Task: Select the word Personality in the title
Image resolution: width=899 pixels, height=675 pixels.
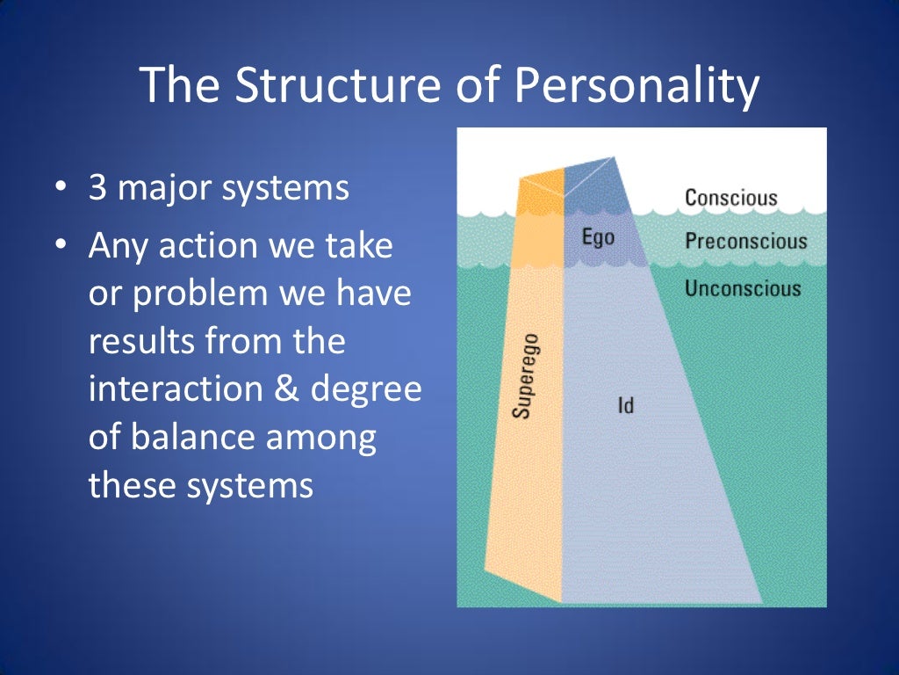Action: coord(636,86)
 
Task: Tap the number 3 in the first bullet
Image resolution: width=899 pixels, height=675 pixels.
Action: coord(98,189)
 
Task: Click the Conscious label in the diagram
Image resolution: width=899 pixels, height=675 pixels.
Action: coord(730,197)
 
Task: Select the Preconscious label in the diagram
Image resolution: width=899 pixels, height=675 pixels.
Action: coord(745,241)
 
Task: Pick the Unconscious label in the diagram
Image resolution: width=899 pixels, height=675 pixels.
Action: coord(743,288)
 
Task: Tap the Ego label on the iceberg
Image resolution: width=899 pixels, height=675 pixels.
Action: coord(598,237)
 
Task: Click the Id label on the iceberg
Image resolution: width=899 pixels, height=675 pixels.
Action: coord(625,406)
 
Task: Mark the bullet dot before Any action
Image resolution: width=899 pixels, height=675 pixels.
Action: coord(59,246)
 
